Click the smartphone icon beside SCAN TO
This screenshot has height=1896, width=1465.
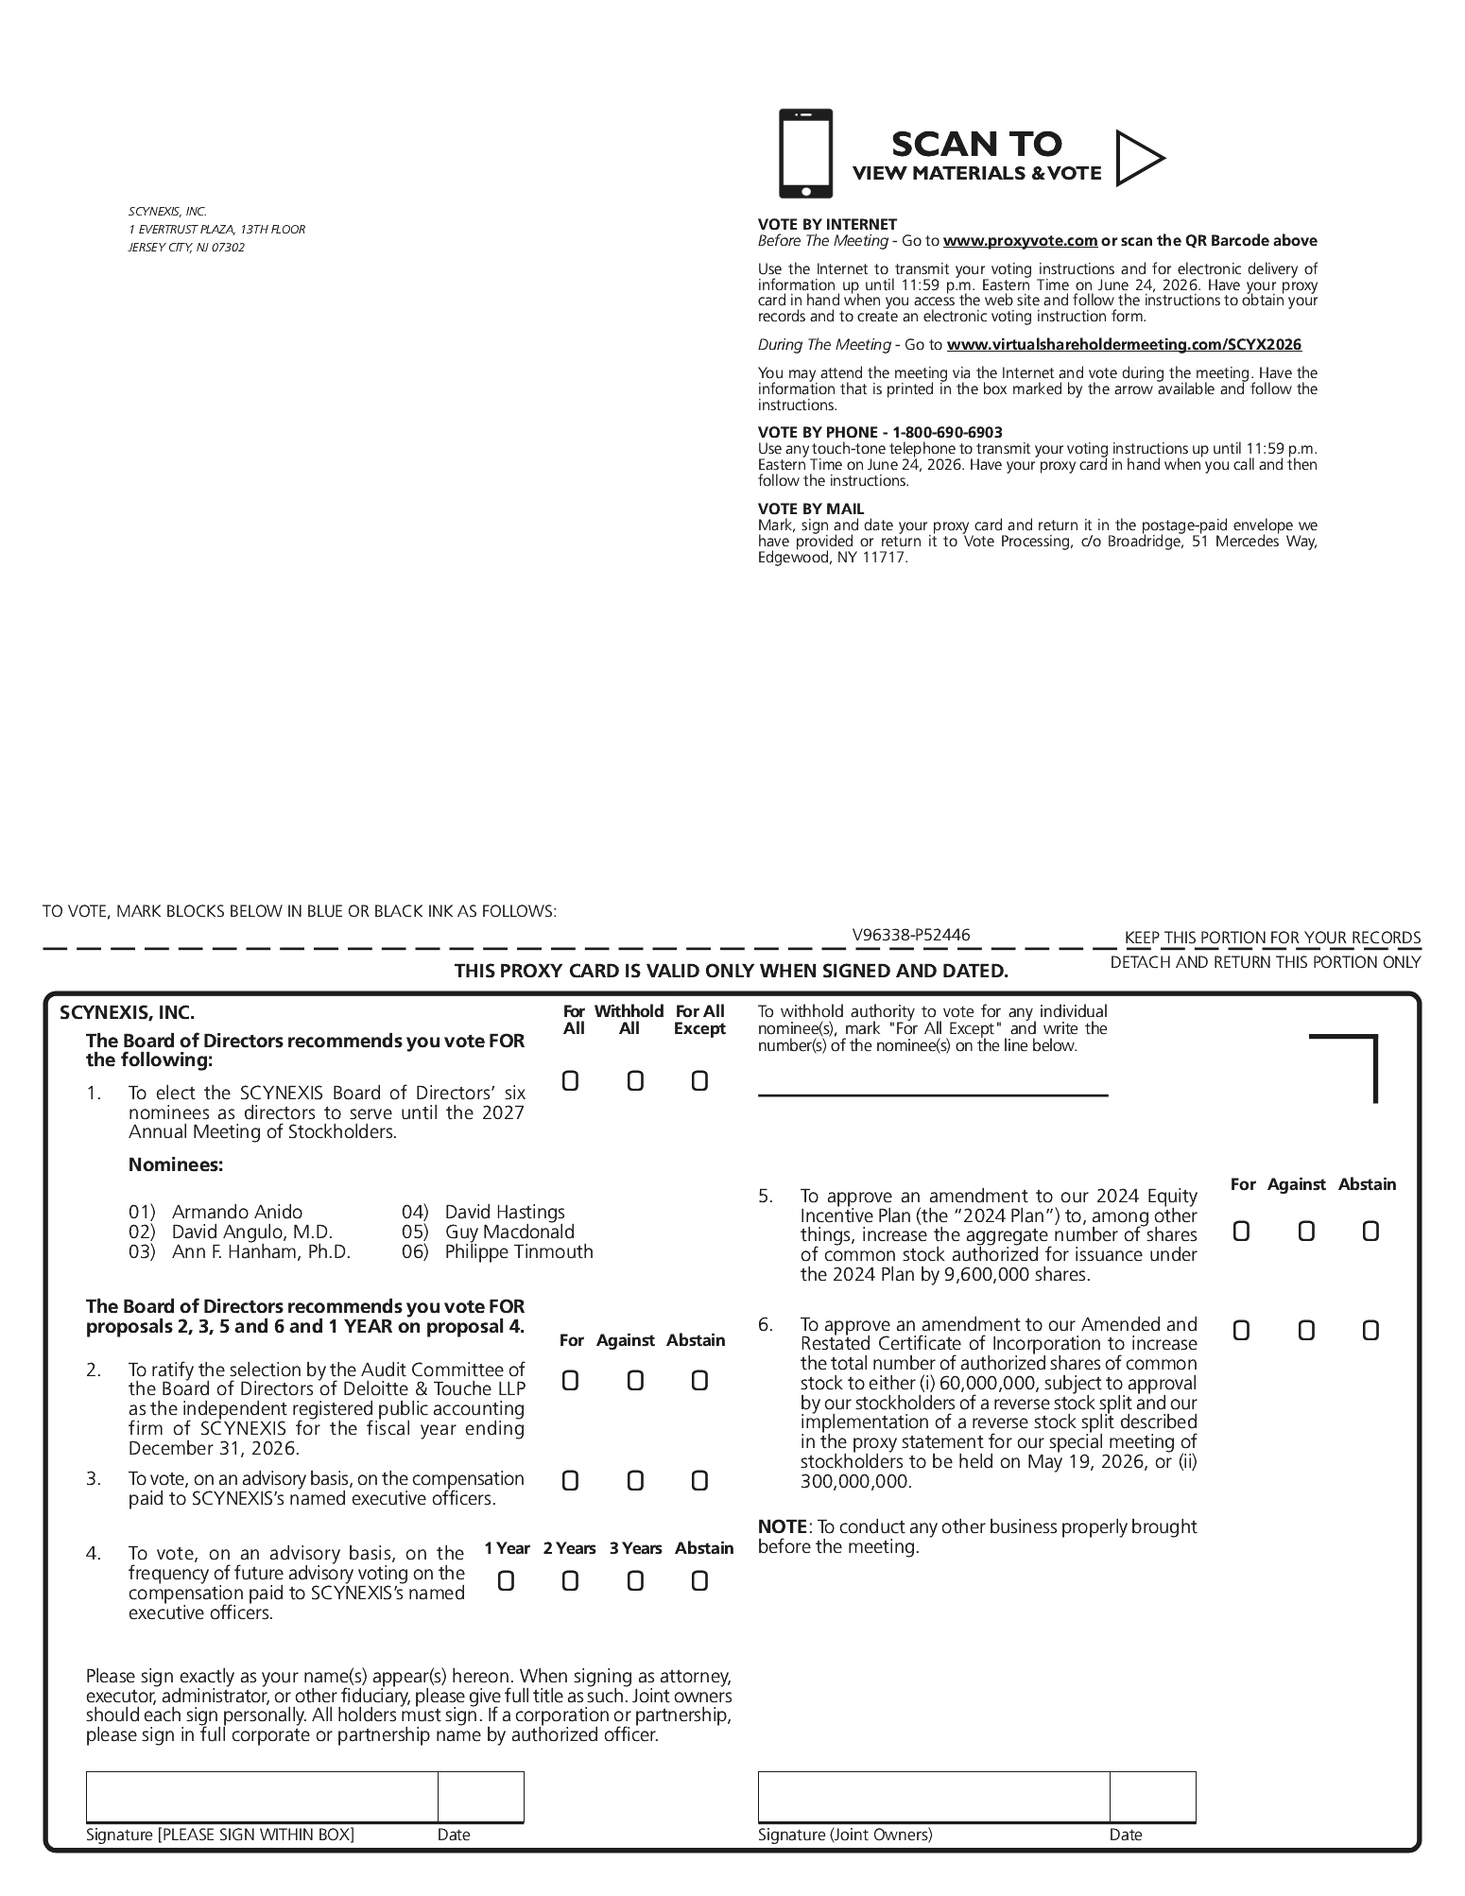[x=805, y=153]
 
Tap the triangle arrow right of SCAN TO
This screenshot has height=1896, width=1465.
[x=1137, y=158]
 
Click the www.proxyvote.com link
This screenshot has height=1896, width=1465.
[x=1020, y=241]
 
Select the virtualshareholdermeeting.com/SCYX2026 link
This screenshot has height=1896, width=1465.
[x=1124, y=345]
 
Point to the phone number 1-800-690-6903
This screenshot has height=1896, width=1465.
[x=947, y=432]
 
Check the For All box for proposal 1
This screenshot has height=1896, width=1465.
[x=570, y=1080]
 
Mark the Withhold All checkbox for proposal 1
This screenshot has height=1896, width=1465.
[x=635, y=1080]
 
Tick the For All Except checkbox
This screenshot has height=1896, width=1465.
[x=699, y=1080]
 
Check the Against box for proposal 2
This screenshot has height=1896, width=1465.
[x=635, y=1381]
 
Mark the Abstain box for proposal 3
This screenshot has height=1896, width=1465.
[x=699, y=1481]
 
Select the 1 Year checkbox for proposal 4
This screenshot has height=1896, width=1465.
[x=506, y=1580]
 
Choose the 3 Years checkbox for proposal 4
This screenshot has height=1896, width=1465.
[x=635, y=1580]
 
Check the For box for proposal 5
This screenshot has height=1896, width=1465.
[x=1241, y=1231]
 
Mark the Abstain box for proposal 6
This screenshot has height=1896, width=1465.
[x=1370, y=1331]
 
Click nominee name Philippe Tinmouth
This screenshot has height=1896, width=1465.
[x=519, y=1251]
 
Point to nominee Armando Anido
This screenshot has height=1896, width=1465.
[x=237, y=1212]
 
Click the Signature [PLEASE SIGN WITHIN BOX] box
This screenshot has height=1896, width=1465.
[x=262, y=1797]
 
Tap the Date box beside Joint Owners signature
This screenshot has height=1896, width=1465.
[x=1152, y=1797]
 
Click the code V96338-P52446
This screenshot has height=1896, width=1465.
[x=911, y=936]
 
